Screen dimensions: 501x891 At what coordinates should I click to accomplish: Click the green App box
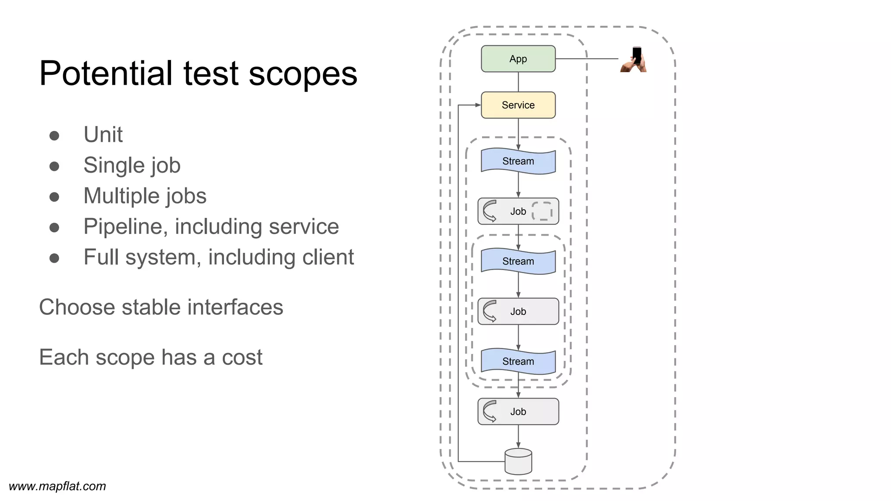pyautogui.click(x=518, y=59)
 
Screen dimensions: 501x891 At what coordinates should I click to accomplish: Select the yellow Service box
pyautogui.click(x=518, y=105)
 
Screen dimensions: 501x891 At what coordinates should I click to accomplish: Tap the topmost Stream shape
pyautogui.click(x=518, y=161)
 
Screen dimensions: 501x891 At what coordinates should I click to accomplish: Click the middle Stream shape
pyautogui.click(x=518, y=261)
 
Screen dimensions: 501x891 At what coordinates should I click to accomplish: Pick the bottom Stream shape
pyautogui.click(x=518, y=361)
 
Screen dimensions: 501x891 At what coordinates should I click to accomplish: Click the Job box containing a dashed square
pyautogui.click(x=518, y=211)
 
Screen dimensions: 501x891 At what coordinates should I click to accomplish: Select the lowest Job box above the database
pyautogui.click(x=518, y=411)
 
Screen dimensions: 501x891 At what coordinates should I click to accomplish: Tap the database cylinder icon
pyautogui.click(x=518, y=462)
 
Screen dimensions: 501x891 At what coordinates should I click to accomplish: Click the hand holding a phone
pyautogui.click(x=634, y=60)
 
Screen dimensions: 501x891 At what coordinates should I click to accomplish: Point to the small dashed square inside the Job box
pyautogui.click(x=542, y=211)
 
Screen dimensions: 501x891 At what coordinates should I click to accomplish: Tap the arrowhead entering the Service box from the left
pyautogui.click(x=478, y=105)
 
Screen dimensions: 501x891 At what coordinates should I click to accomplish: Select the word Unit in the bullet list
pyautogui.click(x=103, y=135)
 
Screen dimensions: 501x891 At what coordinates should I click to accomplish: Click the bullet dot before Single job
pyautogui.click(x=54, y=166)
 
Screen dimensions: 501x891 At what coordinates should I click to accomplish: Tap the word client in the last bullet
pyautogui.click(x=328, y=257)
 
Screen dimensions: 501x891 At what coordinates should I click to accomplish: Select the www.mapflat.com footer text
pyautogui.click(x=57, y=486)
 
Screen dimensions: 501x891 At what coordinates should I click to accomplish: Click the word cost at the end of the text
pyautogui.click(x=242, y=357)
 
